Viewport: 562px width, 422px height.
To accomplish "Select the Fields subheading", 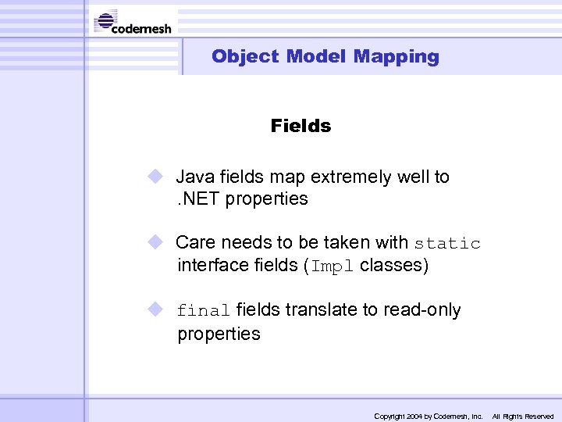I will point(301,126).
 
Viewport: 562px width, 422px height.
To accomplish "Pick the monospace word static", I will point(447,244).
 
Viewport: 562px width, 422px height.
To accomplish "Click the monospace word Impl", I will point(333,266).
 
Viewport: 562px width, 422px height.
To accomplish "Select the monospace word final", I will point(203,311).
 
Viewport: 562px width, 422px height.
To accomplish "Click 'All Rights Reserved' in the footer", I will point(522,417).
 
